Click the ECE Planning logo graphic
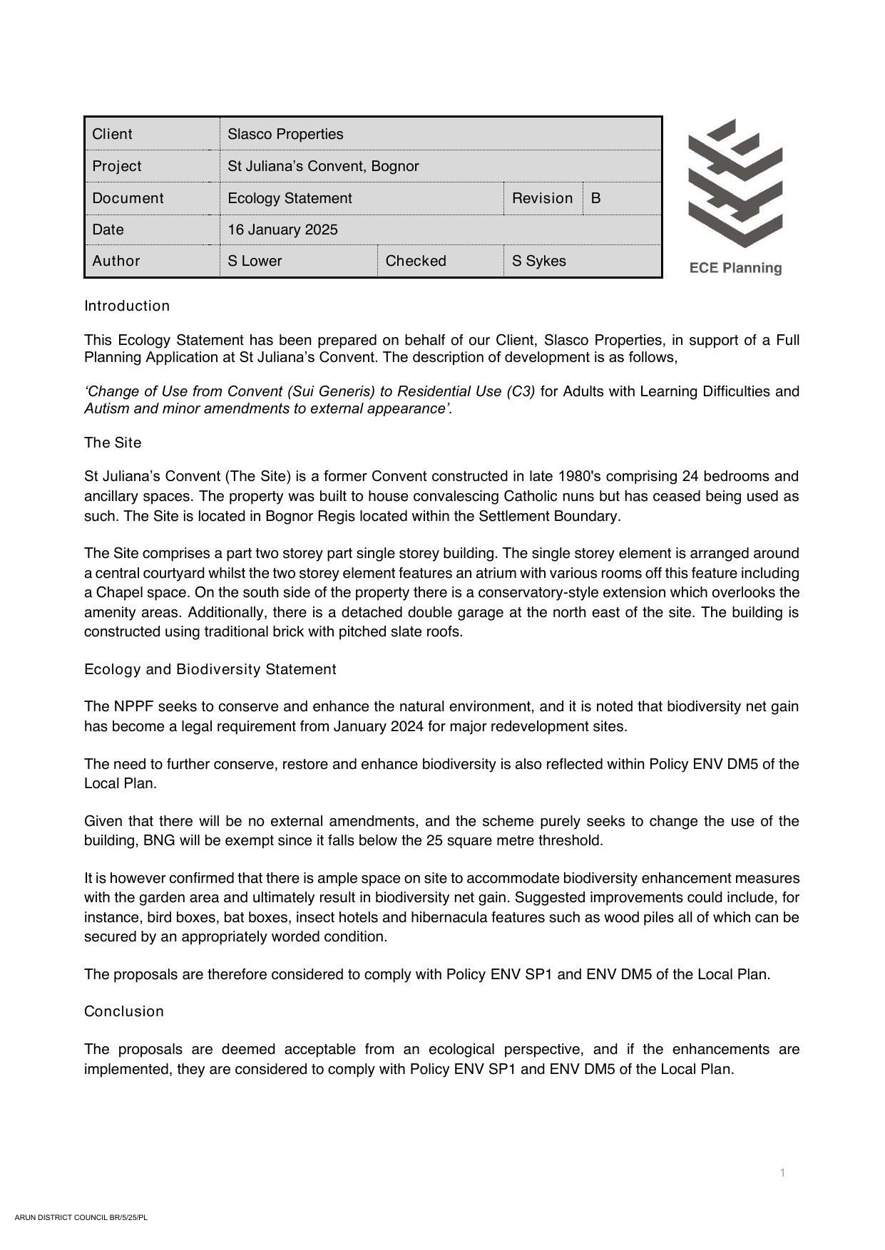tap(735, 183)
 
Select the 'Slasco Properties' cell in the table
tap(285, 134)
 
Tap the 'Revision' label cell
tap(542, 198)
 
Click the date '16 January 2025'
tap(282, 229)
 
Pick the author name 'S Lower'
tap(255, 261)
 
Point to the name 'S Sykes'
tap(538, 261)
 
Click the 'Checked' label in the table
tap(416, 261)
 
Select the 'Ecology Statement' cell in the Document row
tap(290, 198)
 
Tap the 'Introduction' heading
tap(127, 306)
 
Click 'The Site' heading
tap(113, 443)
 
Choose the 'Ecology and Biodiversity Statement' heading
tap(210, 669)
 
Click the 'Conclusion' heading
tap(124, 1011)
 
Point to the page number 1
tap(782, 1173)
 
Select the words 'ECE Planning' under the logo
tap(735, 268)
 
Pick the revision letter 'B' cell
tap(596, 198)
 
